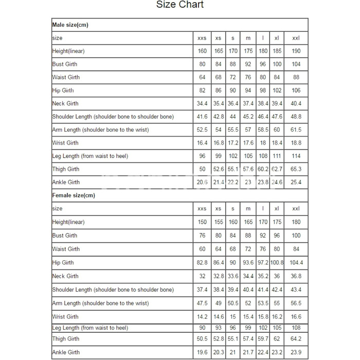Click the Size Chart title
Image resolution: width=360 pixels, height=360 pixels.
180,5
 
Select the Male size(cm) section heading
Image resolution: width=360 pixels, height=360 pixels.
71,25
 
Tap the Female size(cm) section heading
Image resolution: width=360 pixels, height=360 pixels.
74,195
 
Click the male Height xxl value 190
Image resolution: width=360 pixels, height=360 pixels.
296,51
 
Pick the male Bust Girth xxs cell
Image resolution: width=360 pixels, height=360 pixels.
202,64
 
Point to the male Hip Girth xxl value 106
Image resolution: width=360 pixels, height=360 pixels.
296,91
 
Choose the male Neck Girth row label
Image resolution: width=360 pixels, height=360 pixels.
65,104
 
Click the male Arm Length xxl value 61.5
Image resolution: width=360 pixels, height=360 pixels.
296,130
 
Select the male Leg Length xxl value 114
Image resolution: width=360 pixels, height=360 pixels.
296,156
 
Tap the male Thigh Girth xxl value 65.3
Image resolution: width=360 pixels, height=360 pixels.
296,169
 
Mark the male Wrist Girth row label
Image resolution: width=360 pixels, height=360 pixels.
65,143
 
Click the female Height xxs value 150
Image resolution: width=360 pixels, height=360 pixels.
202,222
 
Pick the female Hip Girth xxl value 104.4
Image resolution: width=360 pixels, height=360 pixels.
296,263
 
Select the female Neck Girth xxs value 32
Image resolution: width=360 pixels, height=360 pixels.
202,276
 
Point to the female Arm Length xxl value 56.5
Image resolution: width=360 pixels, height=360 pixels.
296,303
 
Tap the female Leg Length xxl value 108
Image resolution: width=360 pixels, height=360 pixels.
296,328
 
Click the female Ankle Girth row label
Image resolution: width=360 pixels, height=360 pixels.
66,352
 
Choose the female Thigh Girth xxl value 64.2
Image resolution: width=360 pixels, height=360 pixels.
296,339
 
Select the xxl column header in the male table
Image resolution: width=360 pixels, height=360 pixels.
296,38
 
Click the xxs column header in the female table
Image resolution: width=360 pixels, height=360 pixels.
202,209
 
